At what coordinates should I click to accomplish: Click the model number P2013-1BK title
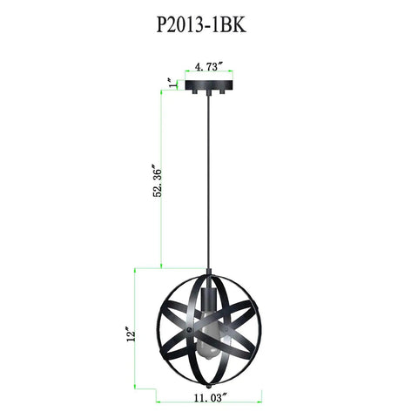(201, 25)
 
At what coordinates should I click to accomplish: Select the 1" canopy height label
(172, 83)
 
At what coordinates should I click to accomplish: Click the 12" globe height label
(131, 334)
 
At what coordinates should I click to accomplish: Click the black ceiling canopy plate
(209, 84)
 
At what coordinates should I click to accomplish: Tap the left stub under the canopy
(193, 91)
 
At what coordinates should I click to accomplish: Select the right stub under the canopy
(223, 91)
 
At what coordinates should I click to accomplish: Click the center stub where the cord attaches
(209, 92)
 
